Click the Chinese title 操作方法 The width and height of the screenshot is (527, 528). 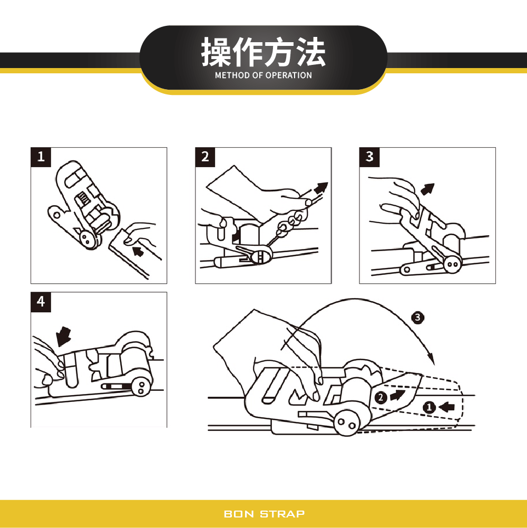(x=263, y=52)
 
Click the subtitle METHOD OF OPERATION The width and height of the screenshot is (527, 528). (x=263, y=75)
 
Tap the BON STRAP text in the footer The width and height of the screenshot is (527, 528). (x=264, y=514)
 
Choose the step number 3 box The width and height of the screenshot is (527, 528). (x=369, y=157)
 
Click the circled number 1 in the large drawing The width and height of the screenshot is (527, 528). (x=430, y=407)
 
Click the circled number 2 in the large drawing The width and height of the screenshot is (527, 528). (x=380, y=397)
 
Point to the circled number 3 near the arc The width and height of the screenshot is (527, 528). (x=417, y=318)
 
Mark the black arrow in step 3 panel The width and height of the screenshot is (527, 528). (x=428, y=188)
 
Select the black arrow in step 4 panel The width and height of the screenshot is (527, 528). (x=64, y=334)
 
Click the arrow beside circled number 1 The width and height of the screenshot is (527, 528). (x=447, y=407)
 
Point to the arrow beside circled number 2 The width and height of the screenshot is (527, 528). (x=397, y=395)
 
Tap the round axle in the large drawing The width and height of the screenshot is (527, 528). (x=346, y=424)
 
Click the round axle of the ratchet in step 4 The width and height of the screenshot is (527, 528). (x=141, y=388)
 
